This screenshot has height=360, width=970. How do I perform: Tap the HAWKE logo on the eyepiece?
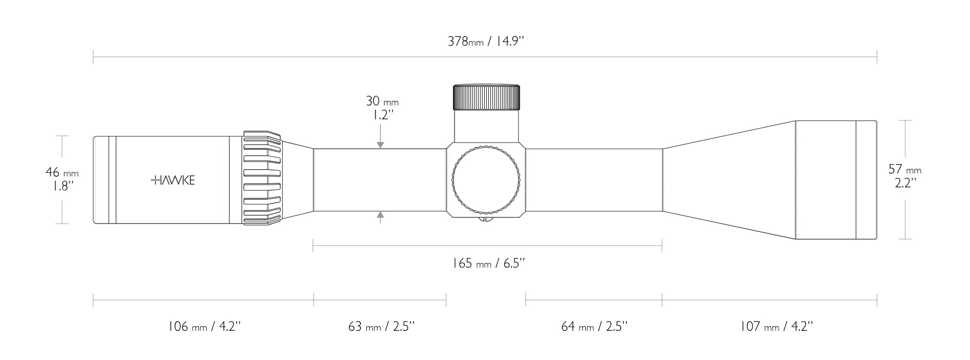coord(173,180)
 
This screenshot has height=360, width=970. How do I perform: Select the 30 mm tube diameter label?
coord(382,101)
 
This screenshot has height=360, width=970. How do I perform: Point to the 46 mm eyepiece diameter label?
coord(62,173)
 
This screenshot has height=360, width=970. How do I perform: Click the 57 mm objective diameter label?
coord(905,169)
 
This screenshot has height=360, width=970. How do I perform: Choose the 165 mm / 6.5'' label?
coord(488,264)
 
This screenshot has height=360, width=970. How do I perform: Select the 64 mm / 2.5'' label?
coord(595,326)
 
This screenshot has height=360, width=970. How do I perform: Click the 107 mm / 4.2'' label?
coord(777,326)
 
